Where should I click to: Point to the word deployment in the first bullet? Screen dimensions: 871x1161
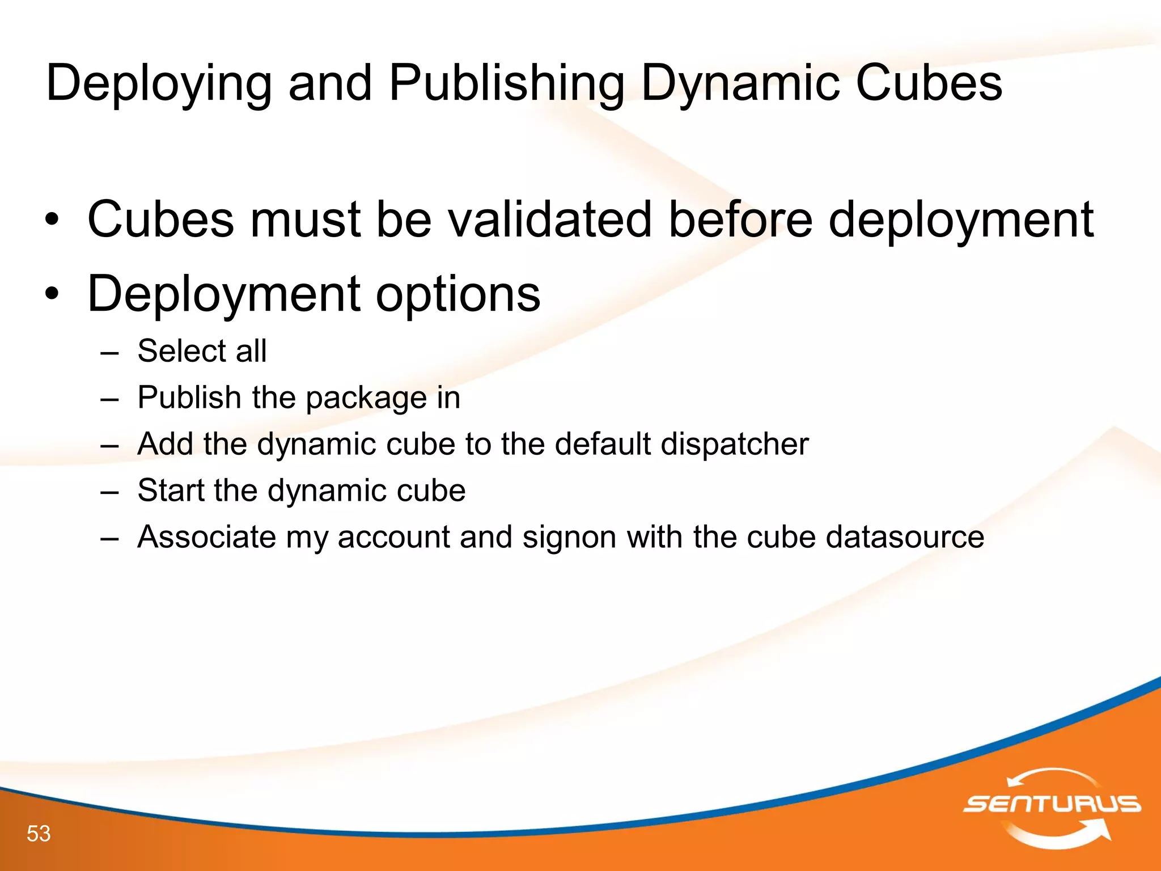tap(961, 219)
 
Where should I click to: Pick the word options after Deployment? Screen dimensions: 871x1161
tap(458, 294)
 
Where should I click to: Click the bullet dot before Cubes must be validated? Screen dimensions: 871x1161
tap(52, 221)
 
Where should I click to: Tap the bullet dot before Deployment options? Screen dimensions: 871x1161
tap(52, 295)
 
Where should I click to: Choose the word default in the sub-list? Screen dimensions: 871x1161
tap(602, 444)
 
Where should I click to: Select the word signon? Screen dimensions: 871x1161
tap(569, 537)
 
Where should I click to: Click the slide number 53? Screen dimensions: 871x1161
tap(39, 834)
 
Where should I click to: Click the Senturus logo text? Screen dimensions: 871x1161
tap(1052, 804)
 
